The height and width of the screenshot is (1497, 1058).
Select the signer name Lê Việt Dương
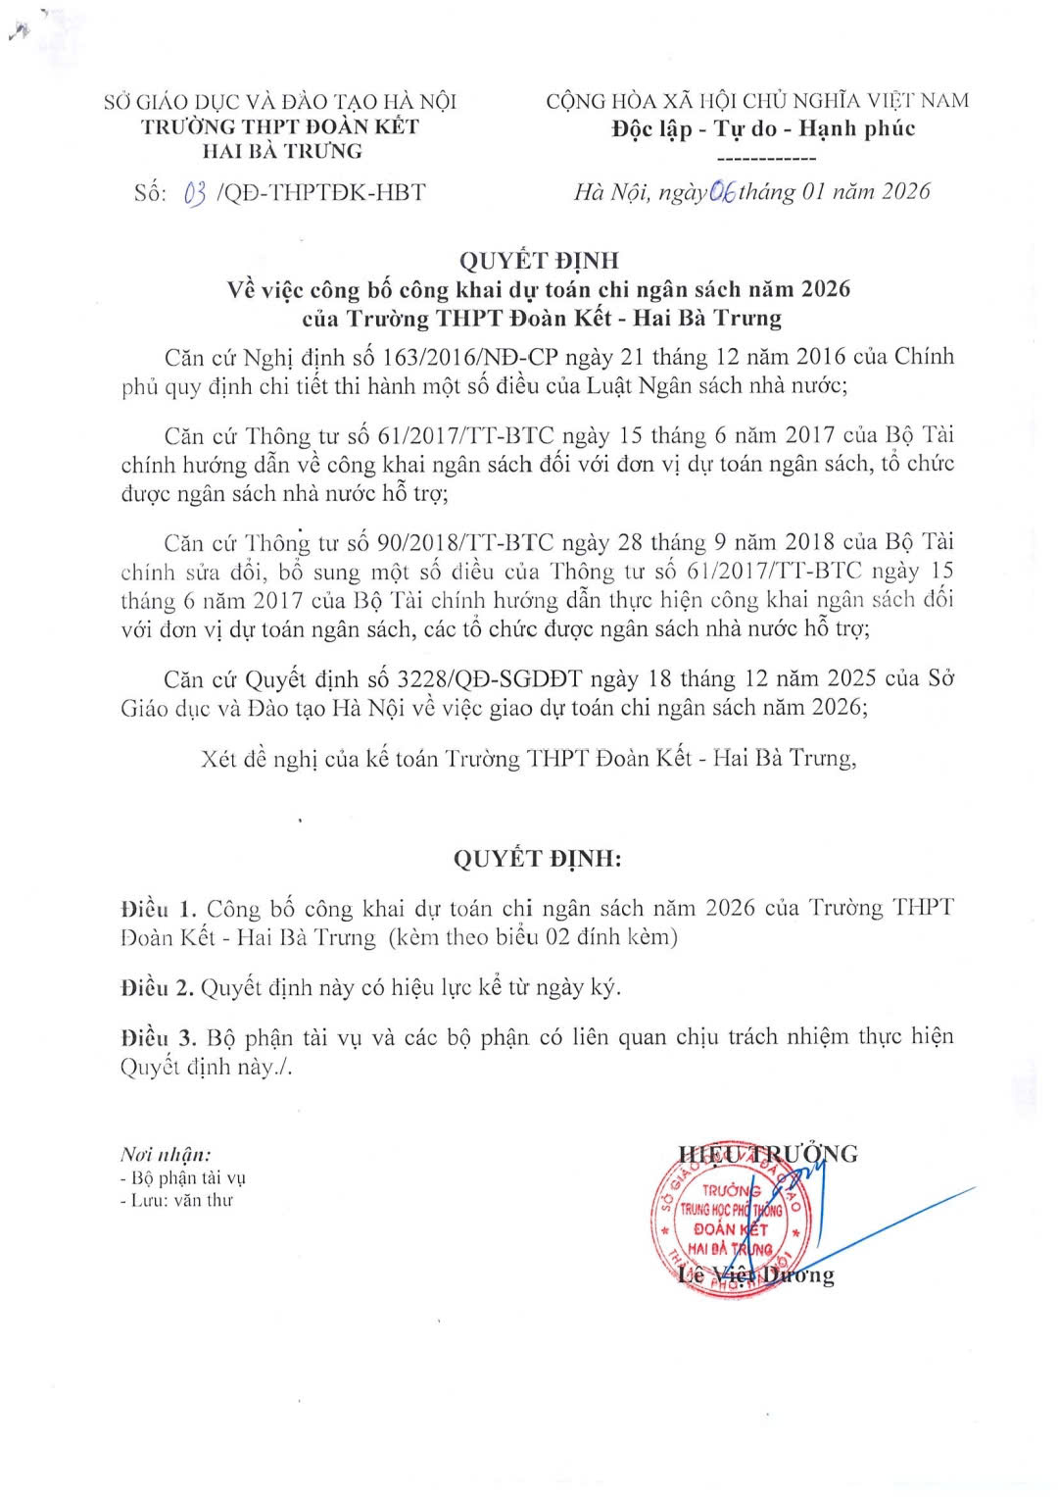click(x=755, y=1274)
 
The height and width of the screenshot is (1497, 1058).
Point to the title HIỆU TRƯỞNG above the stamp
click(x=767, y=1153)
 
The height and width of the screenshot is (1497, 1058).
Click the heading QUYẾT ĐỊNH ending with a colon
click(x=538, y=859)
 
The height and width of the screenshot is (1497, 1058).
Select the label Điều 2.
click(x=157, y=987)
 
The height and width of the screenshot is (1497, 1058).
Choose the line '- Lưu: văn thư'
click(x=176, y=1199)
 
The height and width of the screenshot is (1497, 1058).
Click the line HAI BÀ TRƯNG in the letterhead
click(x=281, y=151)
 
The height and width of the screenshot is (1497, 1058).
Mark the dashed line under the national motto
click(x=767, y=158)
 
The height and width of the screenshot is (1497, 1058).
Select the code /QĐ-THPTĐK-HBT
click(x=320, y=192)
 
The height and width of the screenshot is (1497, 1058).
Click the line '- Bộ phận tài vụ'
click(x=182, y=1177)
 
